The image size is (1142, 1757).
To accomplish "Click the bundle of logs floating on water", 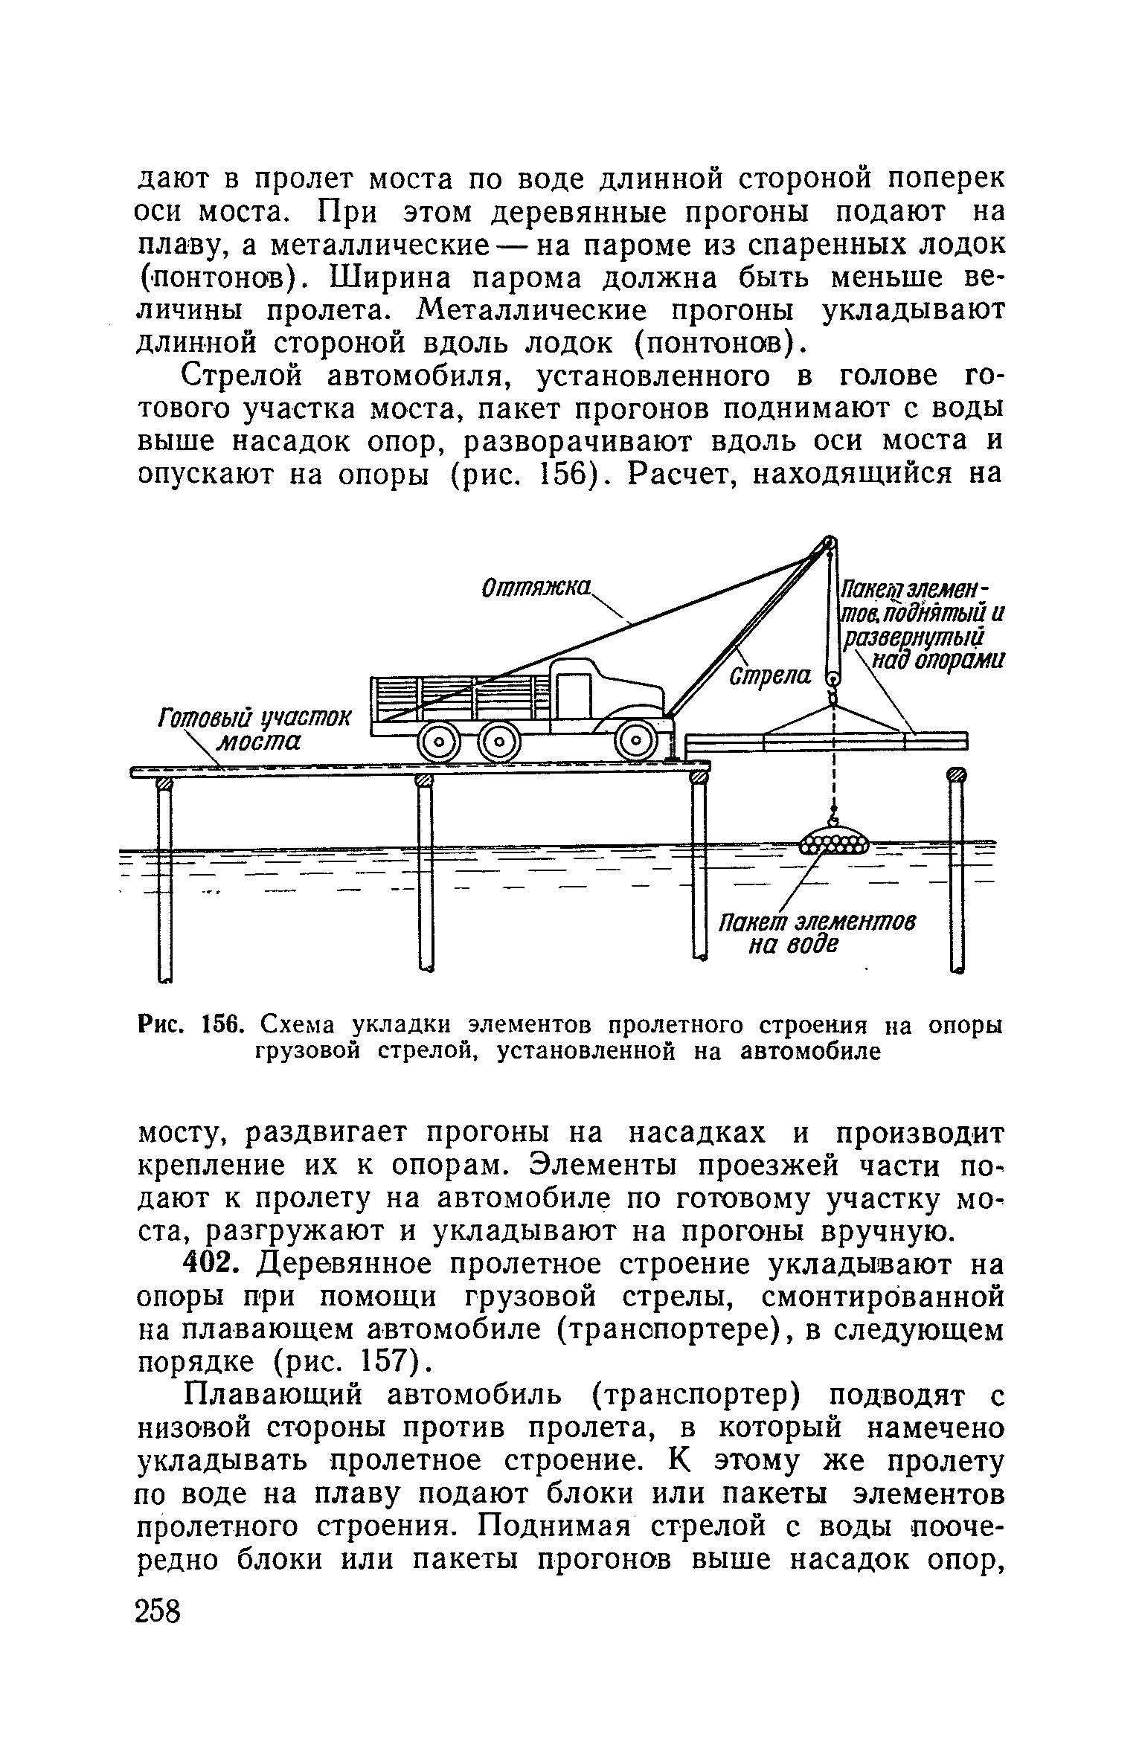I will coord(833,845).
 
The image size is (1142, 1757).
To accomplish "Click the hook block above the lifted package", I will coord(833,679).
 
